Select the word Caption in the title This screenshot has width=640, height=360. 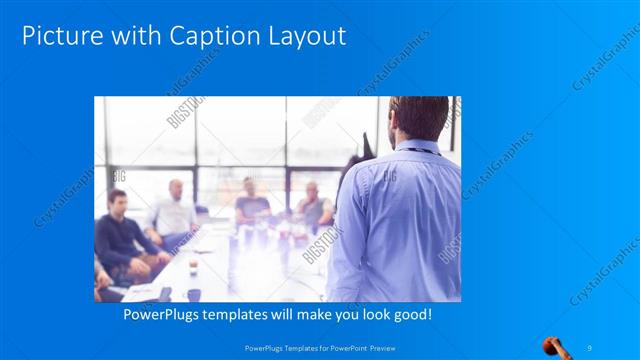212,36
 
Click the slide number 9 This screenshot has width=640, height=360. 590,347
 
